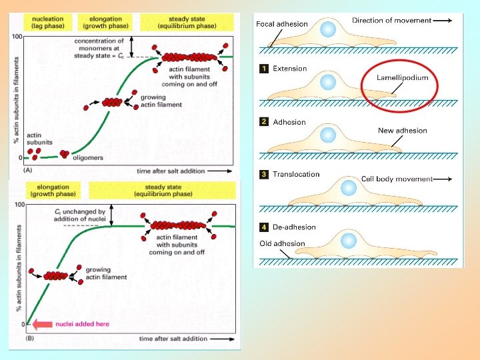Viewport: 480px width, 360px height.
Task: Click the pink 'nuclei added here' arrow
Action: [42, 325]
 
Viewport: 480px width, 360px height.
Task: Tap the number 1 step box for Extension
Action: [264, 69]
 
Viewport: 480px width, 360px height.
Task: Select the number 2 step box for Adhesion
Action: [264, 122]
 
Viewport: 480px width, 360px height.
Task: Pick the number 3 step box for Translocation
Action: [264, 175]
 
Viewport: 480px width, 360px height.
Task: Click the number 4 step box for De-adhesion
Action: [264, 227]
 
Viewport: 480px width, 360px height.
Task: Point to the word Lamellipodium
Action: [402, 78]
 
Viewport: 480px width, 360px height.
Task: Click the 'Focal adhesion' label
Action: [282, 24]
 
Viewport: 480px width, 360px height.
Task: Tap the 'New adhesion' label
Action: [402, 131]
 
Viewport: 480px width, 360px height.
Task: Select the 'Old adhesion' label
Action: [282, 244]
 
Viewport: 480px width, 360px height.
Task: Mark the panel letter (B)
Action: [29, 339]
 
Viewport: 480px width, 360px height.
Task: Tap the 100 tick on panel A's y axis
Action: [17, 36]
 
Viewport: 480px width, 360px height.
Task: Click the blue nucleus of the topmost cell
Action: [328, 29]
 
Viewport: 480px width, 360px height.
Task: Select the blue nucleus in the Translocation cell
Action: [348, 187]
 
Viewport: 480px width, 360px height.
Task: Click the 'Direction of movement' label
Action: [392, 21]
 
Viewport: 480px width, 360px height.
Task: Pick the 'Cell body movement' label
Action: [397, 179]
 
